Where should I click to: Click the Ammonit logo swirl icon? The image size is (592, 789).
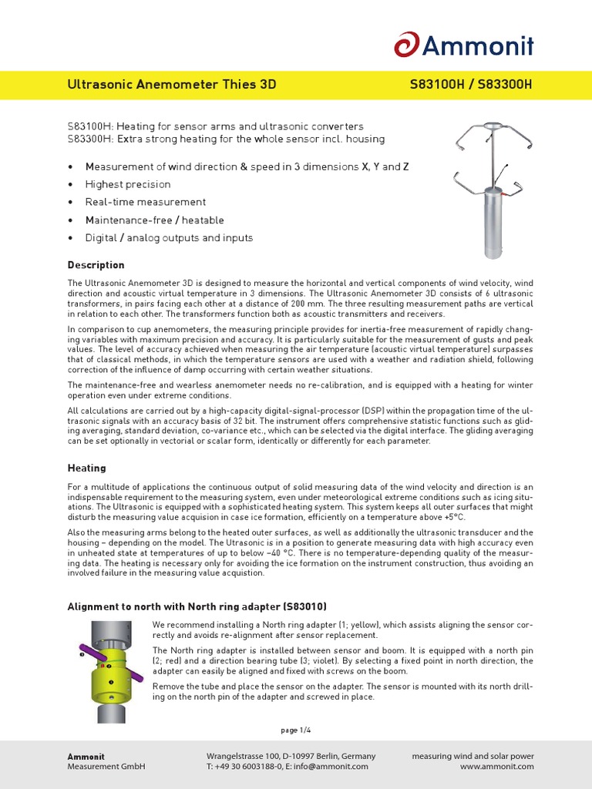[x=406, y=44]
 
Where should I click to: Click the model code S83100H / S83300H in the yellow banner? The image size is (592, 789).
[x=471, y=85]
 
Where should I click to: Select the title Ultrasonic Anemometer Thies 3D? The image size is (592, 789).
[x=172, y=85]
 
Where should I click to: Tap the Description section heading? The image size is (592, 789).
[x=96, y=265]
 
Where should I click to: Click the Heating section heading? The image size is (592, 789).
[x=86, y=468]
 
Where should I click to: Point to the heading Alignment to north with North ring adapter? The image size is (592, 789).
[x=202, y=606]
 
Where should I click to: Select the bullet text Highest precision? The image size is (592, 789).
[x=128, y=185]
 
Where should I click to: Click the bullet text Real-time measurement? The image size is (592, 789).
[x=146, y=203]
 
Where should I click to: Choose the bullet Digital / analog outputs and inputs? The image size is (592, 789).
[x=169, y=238]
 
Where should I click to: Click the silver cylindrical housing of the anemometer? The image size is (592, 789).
[x=492, y=225]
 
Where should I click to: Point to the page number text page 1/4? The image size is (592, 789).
[x=295, y=730]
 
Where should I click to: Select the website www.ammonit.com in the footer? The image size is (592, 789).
[x=496, y=767]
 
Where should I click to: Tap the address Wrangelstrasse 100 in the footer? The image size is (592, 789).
[x=246, y=756]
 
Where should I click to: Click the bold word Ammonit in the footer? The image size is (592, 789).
[x=86, y=756]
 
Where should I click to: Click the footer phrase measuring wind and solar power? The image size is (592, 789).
[x=473, y=756]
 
